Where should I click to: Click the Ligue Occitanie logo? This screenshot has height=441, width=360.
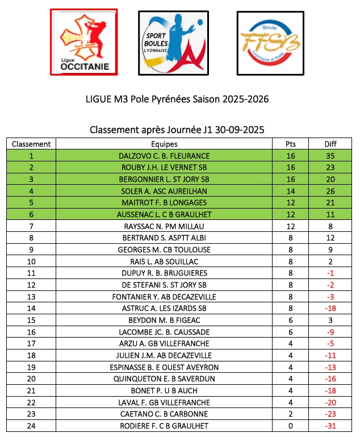[x=84, y=42]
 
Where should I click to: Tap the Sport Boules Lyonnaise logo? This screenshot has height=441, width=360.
[x=172, y=42]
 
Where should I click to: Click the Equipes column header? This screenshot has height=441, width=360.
[x=164, y=144]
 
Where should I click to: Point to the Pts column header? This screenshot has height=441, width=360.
[x=291, y=144]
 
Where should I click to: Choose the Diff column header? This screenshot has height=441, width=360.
[x=330, y=144]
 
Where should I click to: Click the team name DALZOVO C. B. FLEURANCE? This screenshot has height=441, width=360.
[x=164, y=156]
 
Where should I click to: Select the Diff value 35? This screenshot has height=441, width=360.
[x=330, y=156]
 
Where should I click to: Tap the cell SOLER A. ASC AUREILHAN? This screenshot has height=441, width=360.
[x=164, y=191]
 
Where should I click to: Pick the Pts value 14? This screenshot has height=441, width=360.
[x=291, y=191]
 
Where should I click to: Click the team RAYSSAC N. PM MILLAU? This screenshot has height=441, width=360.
[x=164, y=226]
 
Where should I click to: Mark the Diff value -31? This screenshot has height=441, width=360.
[x=330, y=426]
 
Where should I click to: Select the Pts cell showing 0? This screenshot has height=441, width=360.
[x=291, y=426]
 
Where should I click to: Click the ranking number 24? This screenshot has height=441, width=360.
[x=31, y=426]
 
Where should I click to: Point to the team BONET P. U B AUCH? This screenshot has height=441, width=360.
[x=164, y=390]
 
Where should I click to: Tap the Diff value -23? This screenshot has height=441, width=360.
[x=330, y=414]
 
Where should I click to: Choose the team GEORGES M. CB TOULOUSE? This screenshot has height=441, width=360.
[x=164, y=249]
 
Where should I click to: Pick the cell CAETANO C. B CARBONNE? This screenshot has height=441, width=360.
[x=164, y=414]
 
